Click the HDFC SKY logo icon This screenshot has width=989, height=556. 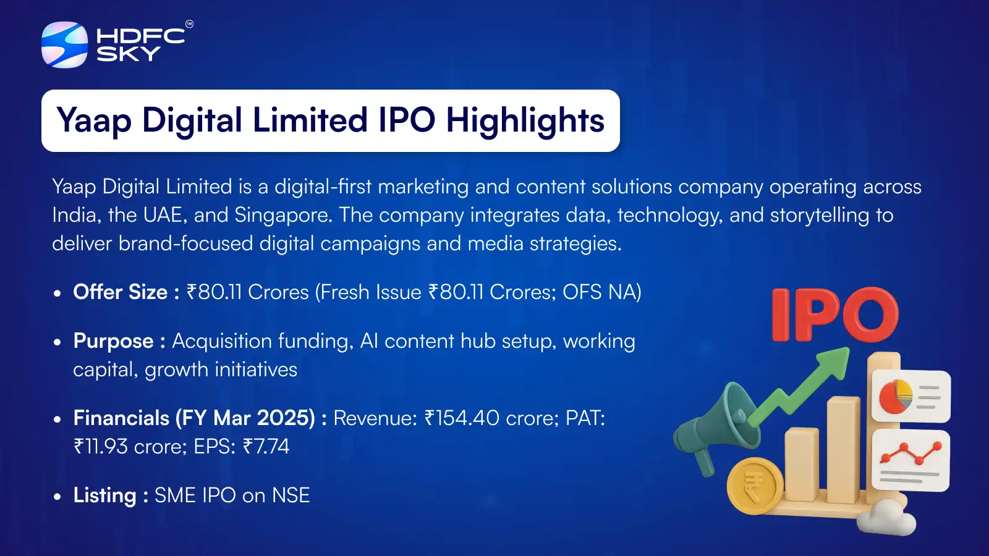coord(64,44)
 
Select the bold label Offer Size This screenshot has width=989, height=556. coord(120,292)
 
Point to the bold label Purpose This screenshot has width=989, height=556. coord(114,341)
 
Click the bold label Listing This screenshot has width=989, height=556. coord(105,495)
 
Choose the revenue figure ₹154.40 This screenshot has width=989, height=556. coord(462,418)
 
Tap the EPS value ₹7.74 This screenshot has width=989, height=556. coord(266,446)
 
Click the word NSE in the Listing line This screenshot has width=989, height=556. coord(291,495)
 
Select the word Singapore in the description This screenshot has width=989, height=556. coord(282,216)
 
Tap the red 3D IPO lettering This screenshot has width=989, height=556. coord(835,314)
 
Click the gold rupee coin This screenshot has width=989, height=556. coord(755,486)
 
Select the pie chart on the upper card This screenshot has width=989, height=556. coord(896,396)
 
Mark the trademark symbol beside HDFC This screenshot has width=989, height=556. coord(189,24)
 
